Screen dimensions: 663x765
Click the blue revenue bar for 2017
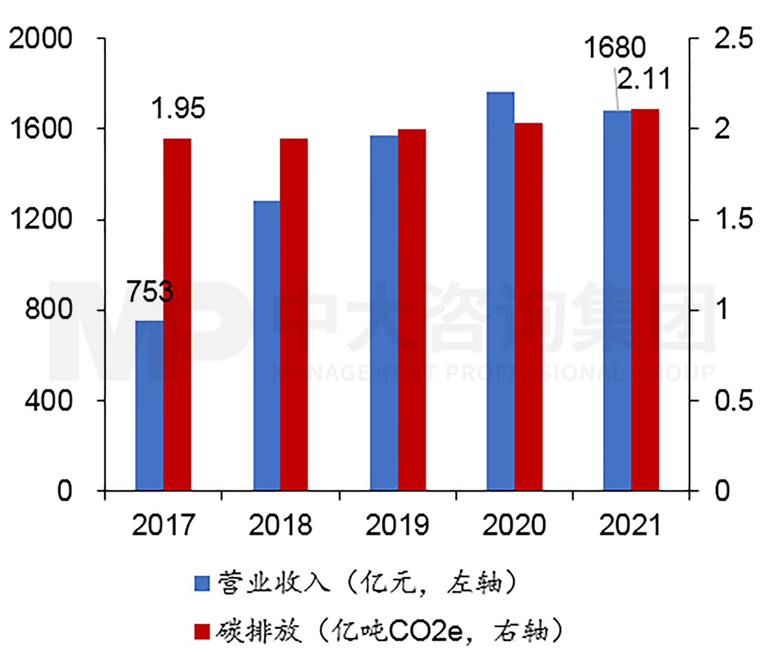(x=149, y=405)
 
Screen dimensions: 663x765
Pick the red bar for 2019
(x=412, y=309)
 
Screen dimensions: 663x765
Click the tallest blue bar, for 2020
(x=500, y=291)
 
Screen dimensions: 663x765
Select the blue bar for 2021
(x=617, y=300)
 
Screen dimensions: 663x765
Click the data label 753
(x=150, y=292)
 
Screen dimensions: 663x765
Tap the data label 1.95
(x=178, y=109)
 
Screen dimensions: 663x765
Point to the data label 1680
(x=615, y=48)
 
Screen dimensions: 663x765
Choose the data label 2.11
(x=643, y=79)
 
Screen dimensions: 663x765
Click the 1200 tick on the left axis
(x=40, y=219)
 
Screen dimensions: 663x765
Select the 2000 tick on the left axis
(x=40, y=39)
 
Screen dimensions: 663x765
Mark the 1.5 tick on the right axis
(x=733, y=219)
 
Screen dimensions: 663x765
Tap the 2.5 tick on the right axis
(x=733, y=39)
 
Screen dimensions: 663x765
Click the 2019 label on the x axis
(x=397, y=525)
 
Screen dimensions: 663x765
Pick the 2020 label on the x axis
(x=513, y=525)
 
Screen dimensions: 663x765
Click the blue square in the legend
(x=202, y=583)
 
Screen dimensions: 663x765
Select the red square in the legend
(x=202, y=631)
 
